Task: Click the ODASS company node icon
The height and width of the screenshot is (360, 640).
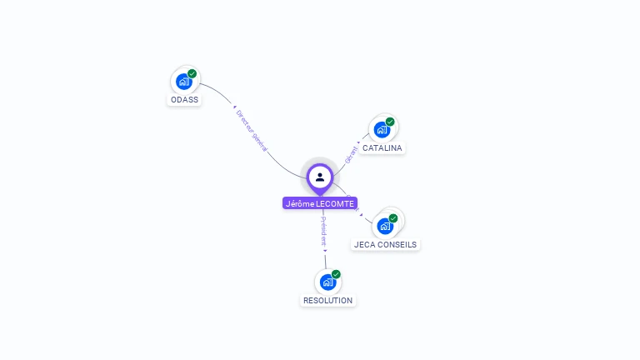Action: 184,82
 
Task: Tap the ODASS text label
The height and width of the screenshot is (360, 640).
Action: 185,100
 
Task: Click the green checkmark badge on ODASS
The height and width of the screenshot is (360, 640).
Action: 192,73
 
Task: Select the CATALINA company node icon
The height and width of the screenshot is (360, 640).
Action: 382,130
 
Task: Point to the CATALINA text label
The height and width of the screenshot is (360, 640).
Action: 382,148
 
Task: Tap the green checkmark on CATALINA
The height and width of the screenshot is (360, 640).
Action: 390,122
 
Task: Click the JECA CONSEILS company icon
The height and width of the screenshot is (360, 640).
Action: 385,226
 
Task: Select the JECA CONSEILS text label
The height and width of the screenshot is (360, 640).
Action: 385,245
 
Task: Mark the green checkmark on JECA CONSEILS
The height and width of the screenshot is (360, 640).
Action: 393,218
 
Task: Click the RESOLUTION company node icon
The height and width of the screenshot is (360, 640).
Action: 327,282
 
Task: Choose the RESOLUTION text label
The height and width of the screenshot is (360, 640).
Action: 327,301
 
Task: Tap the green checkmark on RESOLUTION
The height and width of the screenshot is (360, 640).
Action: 336,274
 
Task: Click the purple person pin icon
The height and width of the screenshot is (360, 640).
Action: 320,177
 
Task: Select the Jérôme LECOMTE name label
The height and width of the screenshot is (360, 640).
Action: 320,203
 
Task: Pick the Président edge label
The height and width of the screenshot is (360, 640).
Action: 324,232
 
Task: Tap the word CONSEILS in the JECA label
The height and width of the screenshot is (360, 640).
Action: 397,245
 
